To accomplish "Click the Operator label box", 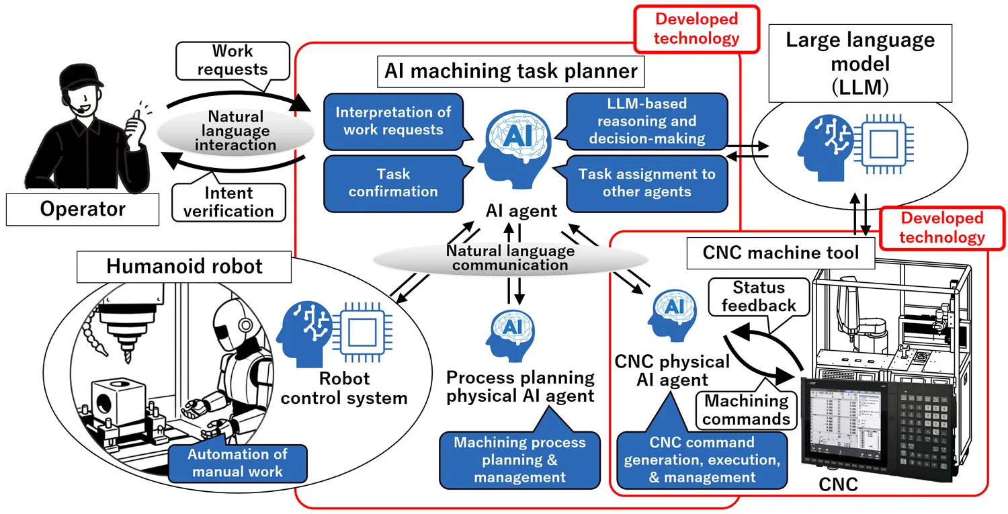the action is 83,209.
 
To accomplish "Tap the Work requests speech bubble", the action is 233,60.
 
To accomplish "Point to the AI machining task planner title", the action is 511,71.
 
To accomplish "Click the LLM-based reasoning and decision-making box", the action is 646,121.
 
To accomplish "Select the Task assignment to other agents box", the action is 646,183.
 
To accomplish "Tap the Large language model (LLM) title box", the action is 860,63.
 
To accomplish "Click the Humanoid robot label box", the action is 184,267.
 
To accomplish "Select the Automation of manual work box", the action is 238,464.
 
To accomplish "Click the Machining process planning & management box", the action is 519,459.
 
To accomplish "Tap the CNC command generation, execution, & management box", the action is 702,459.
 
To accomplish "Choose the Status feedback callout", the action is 759,297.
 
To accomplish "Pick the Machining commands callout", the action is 746,410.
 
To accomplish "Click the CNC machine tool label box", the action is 781,253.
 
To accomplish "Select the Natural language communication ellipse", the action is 510,259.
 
